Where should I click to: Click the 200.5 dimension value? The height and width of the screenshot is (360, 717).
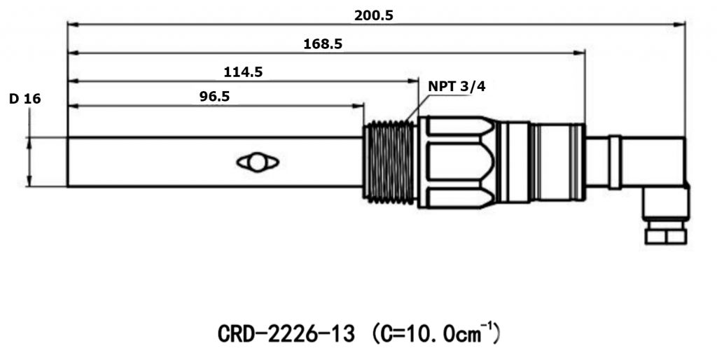373,15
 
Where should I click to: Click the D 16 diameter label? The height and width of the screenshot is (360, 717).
25,99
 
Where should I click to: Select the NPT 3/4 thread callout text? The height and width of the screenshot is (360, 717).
456,87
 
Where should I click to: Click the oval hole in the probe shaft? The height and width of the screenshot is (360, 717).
258,162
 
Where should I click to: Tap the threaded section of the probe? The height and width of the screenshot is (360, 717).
391,162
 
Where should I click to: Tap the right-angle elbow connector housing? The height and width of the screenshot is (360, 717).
658,168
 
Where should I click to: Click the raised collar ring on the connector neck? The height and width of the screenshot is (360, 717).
615,162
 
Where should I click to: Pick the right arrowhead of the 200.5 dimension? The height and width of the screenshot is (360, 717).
681,25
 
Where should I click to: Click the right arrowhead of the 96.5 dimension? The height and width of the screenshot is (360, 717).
360,106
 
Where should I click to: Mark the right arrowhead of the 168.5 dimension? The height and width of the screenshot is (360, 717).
580,53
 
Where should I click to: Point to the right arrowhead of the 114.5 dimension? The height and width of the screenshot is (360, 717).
415,81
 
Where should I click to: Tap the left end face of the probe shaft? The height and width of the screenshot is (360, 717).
68,162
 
